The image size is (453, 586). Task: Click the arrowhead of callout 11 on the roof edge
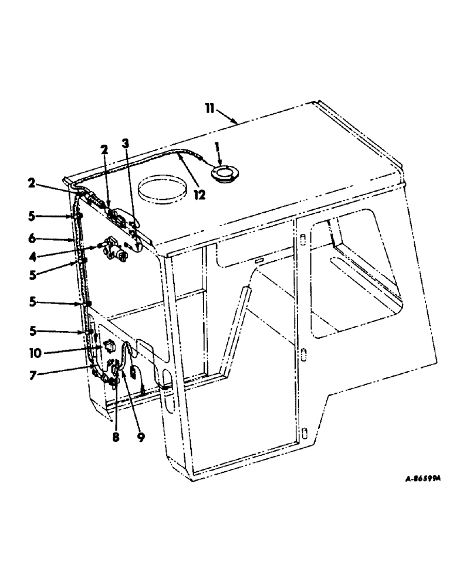[x=237, y=124]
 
